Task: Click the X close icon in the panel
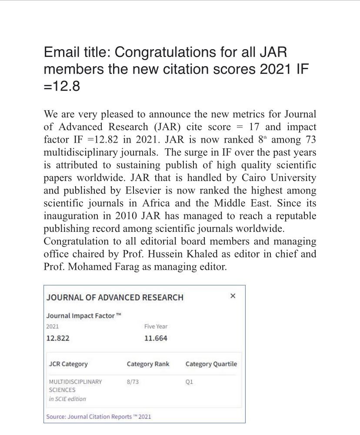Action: pos(233,296)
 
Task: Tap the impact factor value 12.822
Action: pos(58,338)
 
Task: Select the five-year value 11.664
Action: pos(156,338)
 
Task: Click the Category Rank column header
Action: pos(148,364)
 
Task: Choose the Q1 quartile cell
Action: pos(189,381)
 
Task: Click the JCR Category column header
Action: pos(68,364)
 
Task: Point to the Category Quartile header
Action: pos(211,364)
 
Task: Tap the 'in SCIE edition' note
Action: pos(67,398)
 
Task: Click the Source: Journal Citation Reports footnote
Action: pos(99,416)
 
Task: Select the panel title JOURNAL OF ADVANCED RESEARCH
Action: pos(115,298)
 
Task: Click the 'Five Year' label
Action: pos(156,326)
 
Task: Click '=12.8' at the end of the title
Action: pos(62,86)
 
